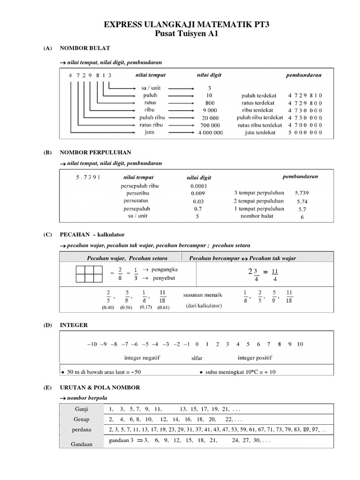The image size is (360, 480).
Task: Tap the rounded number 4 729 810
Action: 305,95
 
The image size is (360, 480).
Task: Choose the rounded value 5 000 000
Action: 305,133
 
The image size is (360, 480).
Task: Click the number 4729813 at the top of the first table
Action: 90,75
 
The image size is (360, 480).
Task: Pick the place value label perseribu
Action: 138,193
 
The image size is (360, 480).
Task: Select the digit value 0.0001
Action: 199,186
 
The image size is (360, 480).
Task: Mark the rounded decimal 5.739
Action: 302,193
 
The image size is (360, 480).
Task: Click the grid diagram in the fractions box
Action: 89,274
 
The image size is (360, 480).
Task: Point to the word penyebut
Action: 162,278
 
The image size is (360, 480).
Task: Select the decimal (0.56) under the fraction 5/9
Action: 126,307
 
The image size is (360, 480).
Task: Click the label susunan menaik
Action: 202,295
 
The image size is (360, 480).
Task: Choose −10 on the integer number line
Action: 92,344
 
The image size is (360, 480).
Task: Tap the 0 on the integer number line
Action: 197,344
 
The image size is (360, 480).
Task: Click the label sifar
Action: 197,358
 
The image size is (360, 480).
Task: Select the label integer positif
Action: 255,358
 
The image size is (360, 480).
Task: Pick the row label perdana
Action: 82,429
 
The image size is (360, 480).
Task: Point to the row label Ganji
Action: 82,408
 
